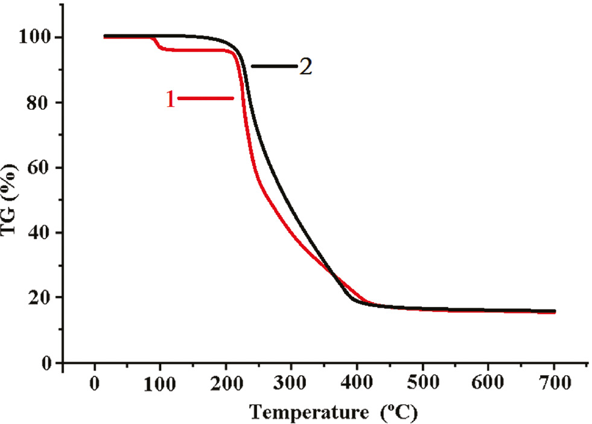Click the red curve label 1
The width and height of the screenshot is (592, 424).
click(x=170, y=99)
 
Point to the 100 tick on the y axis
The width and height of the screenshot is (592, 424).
click(x=39, y=37)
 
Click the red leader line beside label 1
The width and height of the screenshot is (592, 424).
click(x=205, y=98)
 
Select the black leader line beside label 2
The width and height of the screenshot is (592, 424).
click(x=275, y=66)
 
